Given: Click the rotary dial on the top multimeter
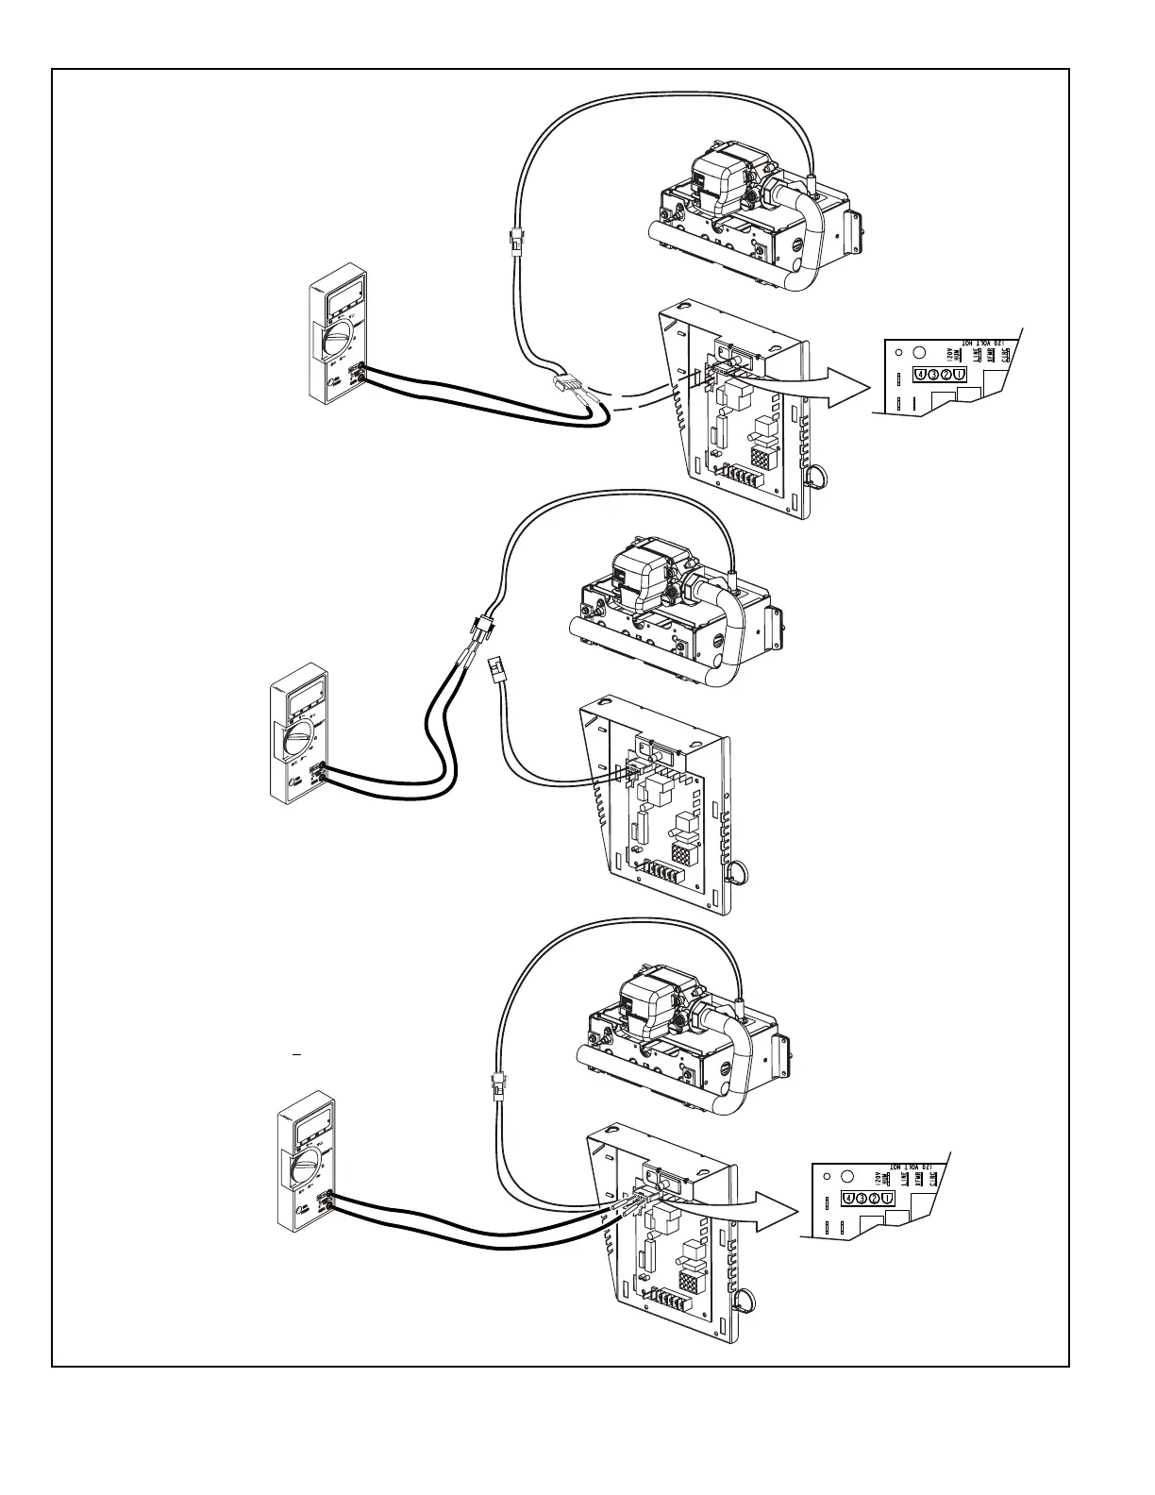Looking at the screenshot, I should (336, 343).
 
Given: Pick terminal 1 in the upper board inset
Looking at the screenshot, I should (960, 377).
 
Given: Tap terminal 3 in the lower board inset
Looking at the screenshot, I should (862, 1199).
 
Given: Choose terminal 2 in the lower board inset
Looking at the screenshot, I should (875, 1199).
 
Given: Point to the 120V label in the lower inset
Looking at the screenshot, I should (878, 1177).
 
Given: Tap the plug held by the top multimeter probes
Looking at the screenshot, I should (572, 387).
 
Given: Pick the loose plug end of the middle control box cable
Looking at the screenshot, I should (494, 673).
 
